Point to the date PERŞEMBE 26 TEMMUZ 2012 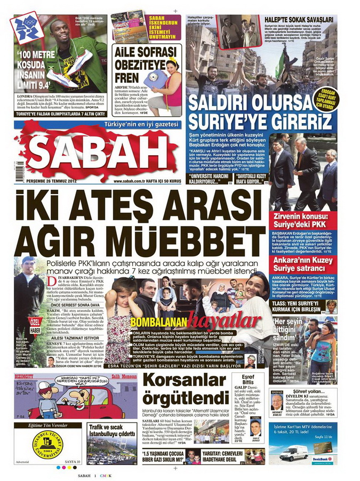point(60,181)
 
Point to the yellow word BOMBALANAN point(150,323)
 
